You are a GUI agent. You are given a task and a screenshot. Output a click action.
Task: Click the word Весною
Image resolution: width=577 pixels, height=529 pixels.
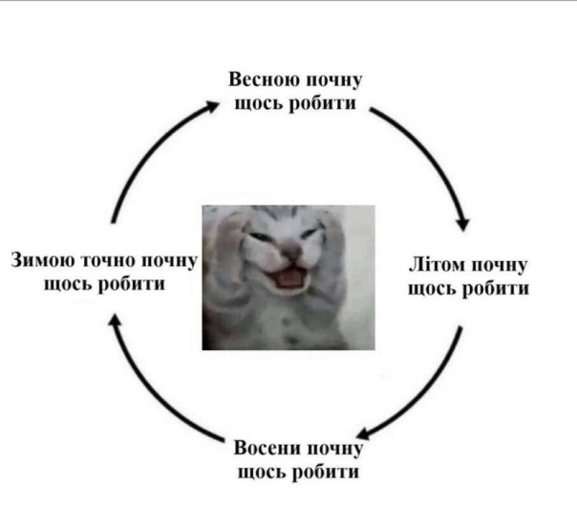(x=264, y=79)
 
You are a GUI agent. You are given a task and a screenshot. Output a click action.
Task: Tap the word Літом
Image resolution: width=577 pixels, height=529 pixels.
(x=437, y=265)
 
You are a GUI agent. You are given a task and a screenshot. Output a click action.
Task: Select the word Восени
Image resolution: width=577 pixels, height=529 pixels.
(x=267, y=449)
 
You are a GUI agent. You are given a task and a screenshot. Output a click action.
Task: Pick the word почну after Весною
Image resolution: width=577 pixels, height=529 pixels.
(x=334, y=81)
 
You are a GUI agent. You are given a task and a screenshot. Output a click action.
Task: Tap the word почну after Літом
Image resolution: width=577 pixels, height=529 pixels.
(x=499, y=266)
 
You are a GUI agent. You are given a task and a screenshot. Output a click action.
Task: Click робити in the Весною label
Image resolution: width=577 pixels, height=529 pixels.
(x=322, y=103)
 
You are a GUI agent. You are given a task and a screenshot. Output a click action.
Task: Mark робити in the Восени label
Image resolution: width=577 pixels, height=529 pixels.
(x=326, y=472)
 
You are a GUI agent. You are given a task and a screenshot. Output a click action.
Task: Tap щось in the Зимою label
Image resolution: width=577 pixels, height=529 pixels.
(x=68, y=285)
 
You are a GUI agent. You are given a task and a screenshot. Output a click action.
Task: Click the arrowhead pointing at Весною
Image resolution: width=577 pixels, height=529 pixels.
(x=212, y=106)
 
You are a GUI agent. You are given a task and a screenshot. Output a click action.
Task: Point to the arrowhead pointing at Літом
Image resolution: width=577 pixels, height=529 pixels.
(x=463, y=224)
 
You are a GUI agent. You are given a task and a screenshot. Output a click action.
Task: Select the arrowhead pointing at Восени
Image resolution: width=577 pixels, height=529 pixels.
(x=364, y=433)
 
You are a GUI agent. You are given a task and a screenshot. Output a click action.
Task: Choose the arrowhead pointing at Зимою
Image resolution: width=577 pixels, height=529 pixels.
(x=116, y=320)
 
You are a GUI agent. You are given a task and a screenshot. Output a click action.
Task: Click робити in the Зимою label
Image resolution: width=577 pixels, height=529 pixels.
(x=132, y=284)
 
